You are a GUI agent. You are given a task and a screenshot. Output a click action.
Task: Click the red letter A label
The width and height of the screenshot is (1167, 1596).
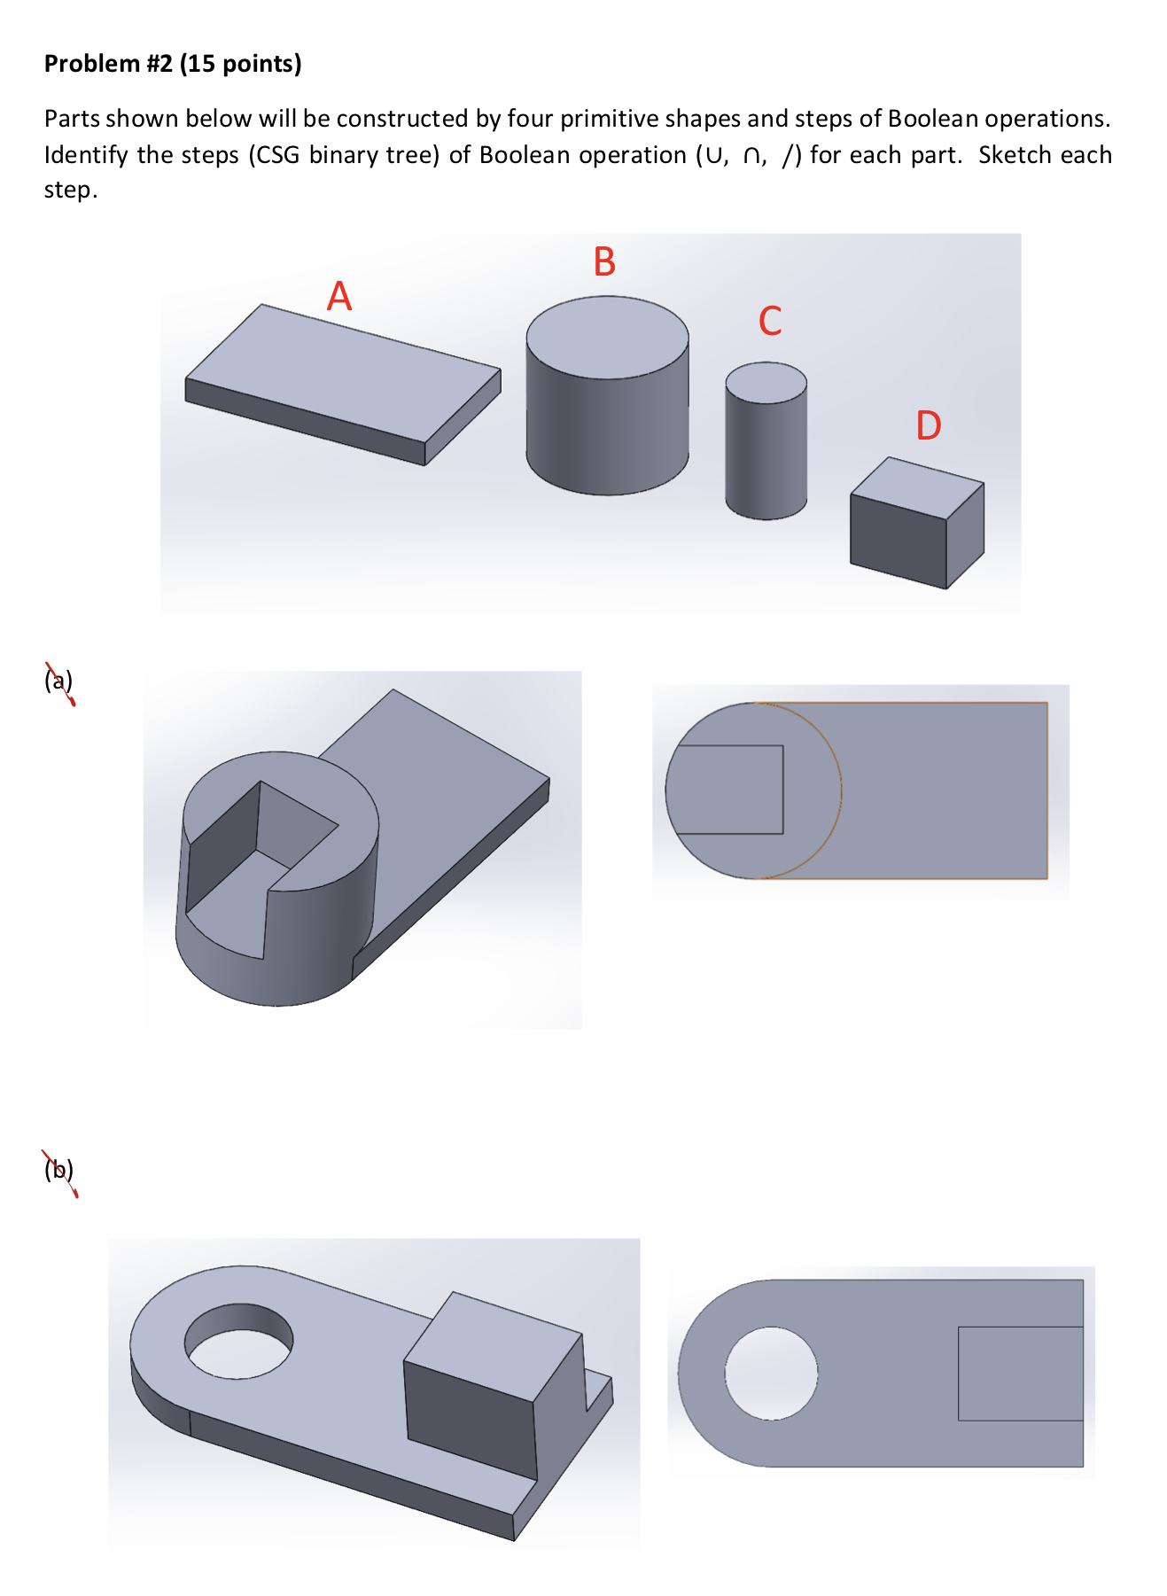(339, 296)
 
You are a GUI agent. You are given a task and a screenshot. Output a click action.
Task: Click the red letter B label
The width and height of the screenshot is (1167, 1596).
(604, 262)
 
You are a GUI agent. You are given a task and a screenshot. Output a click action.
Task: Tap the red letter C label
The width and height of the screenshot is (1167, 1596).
(770, 321)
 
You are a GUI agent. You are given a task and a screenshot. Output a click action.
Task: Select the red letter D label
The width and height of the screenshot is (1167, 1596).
(928, 426)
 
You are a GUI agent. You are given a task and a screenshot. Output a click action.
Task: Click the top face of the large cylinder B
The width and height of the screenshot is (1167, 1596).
(607, 338)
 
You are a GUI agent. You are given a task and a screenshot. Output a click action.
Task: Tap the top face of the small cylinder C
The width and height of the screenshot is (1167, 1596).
(766, 382)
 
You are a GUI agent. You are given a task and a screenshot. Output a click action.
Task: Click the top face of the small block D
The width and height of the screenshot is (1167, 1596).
(916, 487)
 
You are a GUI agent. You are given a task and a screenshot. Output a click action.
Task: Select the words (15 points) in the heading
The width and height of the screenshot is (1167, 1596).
(240, 64)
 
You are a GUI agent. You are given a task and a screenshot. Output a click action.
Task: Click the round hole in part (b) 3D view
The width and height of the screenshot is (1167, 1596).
(238, 1341)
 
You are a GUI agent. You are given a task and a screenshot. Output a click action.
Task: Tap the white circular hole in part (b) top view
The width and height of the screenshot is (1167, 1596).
(771, 1373)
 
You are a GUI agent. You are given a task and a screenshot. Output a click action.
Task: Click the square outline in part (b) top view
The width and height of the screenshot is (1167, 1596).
(1020, 1373)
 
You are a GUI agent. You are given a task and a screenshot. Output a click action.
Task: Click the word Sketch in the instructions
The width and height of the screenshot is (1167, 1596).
(1015, 155)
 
